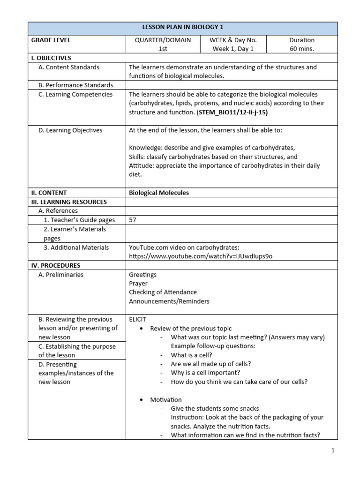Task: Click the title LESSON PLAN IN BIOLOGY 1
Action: [x=183, y=27]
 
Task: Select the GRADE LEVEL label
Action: [x=51, y=40]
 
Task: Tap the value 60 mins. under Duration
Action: [x=302, y=49]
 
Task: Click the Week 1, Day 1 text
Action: [x=233, y=49]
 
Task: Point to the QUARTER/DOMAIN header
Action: [x=163, y=40]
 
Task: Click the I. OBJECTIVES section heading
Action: [x=51, y=58]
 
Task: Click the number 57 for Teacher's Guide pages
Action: [x=133, y=220]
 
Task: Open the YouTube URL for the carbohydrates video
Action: [x=201, y=256]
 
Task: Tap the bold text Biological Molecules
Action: [x=159, y=193]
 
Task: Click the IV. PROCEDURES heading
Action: [x=56, y=265]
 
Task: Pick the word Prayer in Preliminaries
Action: [x=138, y=284]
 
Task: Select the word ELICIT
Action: [x=138, y=320]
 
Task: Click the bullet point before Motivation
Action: [x=142, y=400]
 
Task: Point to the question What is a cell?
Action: [x=192, y=355]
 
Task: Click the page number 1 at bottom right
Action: [x=332, y=450]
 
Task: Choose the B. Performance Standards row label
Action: [x=75, y=85]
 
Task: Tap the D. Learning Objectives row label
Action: [x=70, y=130]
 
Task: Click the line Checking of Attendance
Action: [x=163, y=292]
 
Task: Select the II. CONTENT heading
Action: [x=49, y=193]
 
